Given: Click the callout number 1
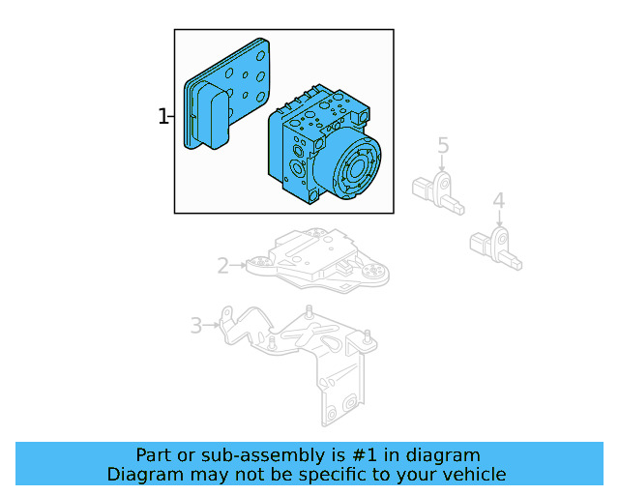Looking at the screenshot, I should click(x=163, y=117).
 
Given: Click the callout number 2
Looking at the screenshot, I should click(x=222, y=265).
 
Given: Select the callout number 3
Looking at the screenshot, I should click(x=195, y=326).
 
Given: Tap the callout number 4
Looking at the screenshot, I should click(x=498, y=201).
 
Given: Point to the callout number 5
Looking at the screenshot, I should click(x=443, y=146).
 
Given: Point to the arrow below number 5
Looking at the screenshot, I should click(x=443, y=164).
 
